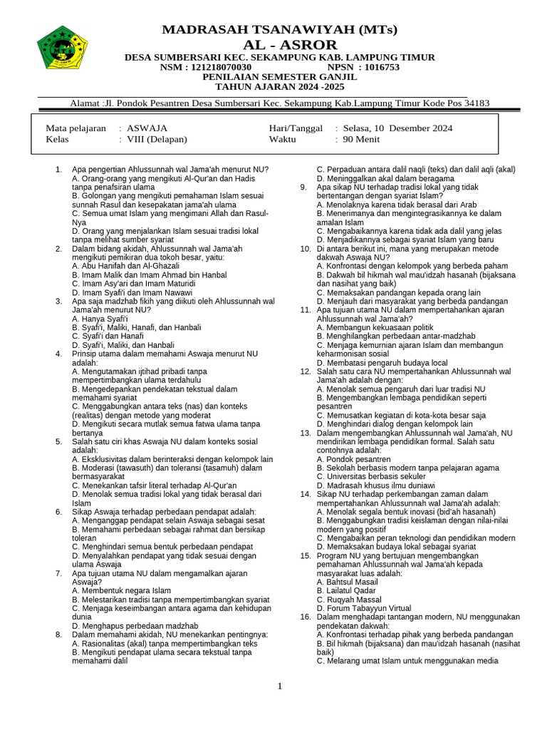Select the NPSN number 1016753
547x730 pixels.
pyautogui.click(x=379, y=67)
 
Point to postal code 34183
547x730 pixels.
pyautogui.click(x=472, y=103)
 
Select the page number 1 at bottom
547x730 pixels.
pyautogui.click(x=280, y=686)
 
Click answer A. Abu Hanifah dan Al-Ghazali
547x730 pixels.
pyautogui.click(x=125, y=265)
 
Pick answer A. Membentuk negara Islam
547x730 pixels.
pyautogui.click(x=122, y=590)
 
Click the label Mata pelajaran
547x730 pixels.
pyautogui.click(x=75, y=128)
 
